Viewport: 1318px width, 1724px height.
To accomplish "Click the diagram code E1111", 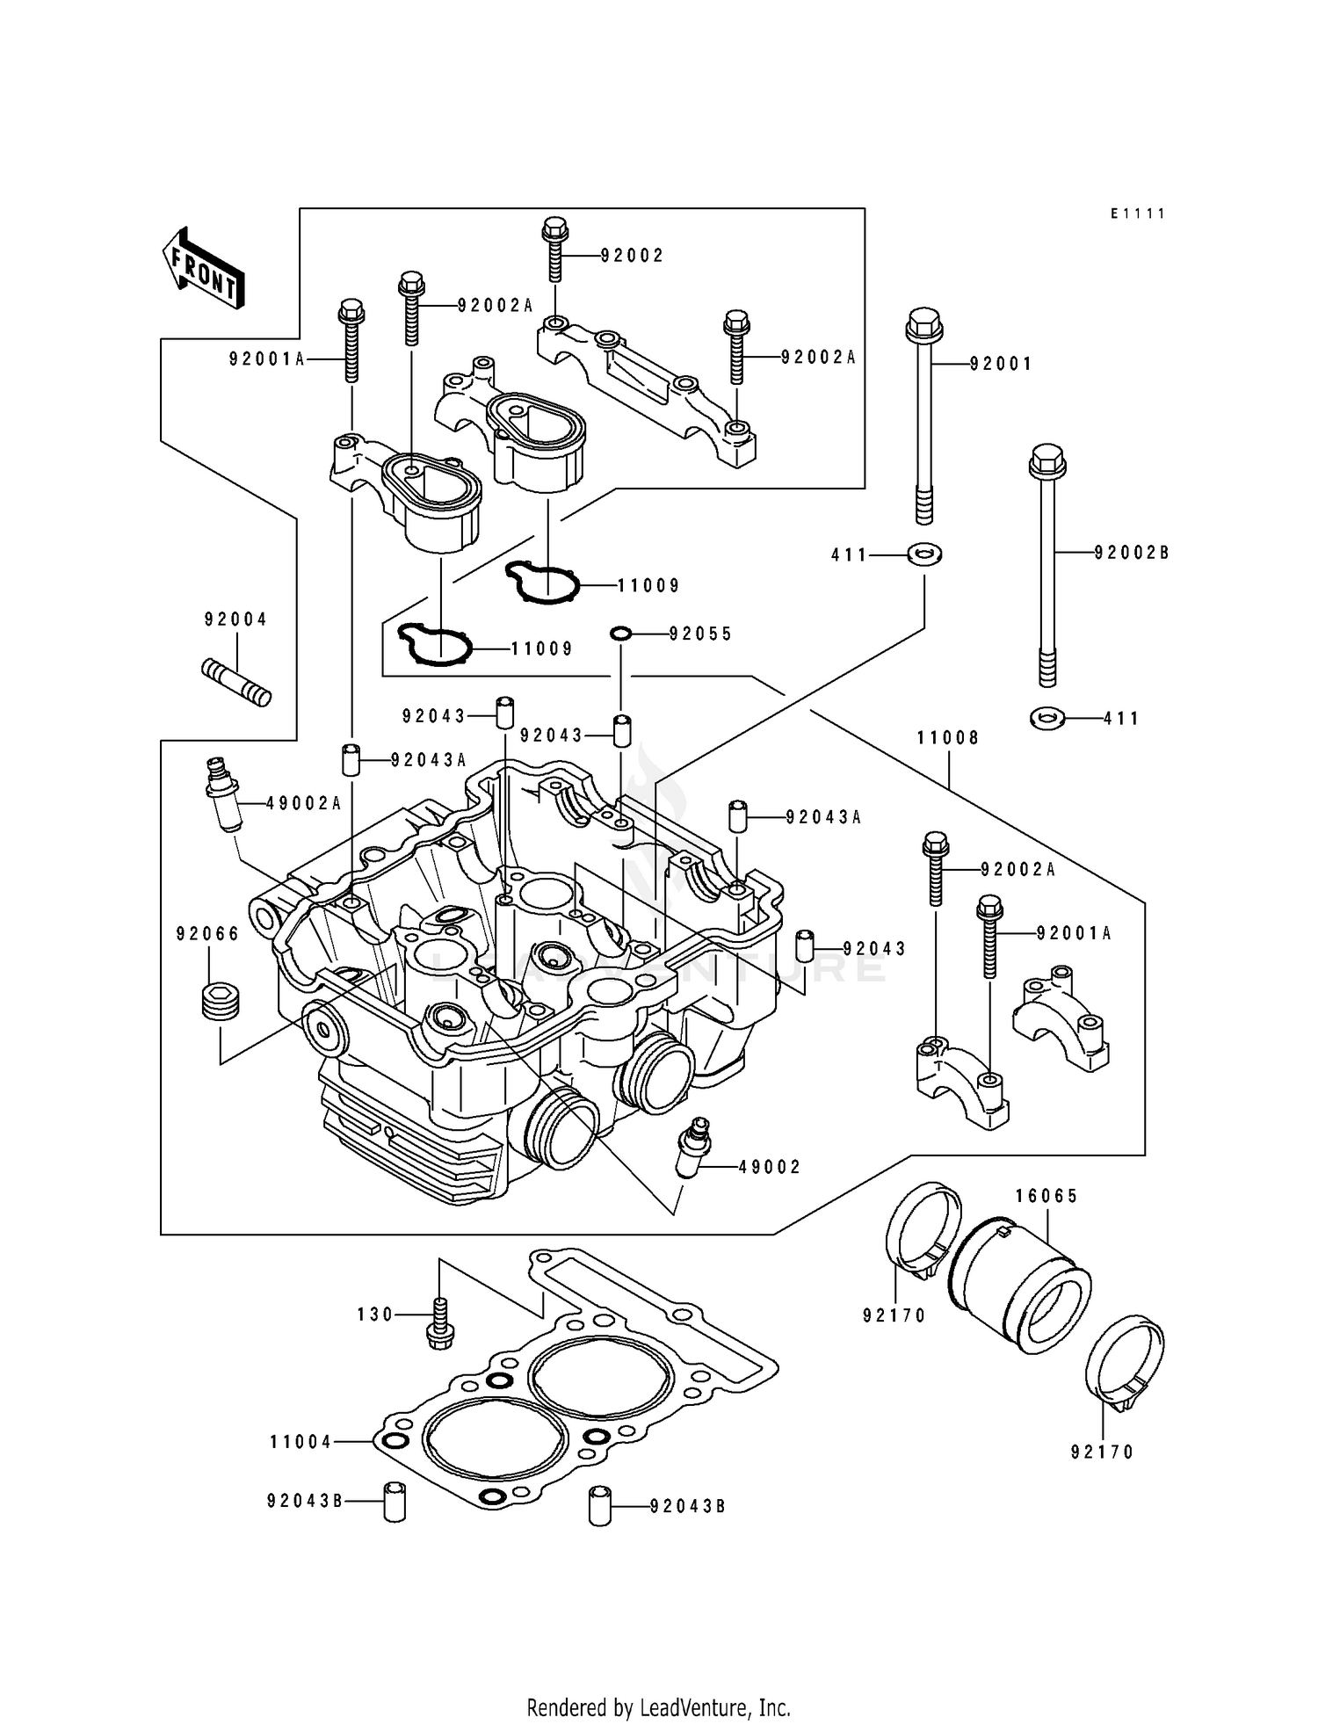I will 1137,214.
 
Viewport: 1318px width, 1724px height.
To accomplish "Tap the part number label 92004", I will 235,619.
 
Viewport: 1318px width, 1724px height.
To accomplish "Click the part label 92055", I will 700,634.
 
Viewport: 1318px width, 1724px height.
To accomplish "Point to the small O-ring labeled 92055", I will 621,633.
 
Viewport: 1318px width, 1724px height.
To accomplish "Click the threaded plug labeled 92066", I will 220,1002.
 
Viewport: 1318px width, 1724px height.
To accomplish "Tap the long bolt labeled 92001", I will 923,413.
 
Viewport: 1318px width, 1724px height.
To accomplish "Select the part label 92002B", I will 1132,553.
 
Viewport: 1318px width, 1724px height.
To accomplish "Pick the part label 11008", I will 948,738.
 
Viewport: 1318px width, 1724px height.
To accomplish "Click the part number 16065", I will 1046,1196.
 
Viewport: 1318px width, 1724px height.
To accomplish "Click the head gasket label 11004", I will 301,1442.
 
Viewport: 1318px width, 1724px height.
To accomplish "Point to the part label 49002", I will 770,1167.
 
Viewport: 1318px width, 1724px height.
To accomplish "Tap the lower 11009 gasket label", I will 542,649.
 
